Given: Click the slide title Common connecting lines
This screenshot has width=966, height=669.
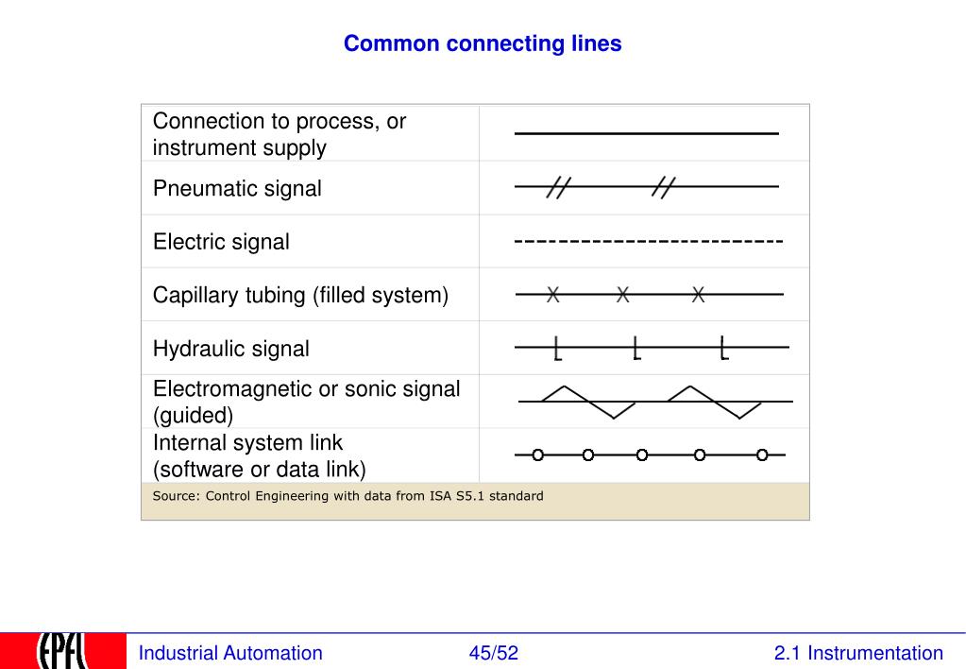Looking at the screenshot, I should (483, 43).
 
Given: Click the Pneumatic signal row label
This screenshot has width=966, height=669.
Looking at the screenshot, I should (237, 188).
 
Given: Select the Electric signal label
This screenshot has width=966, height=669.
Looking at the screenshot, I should (221, 242).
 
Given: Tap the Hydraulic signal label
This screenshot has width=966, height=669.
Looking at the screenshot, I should (230, 349).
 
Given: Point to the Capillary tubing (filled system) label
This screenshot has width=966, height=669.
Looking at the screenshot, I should (300, 296).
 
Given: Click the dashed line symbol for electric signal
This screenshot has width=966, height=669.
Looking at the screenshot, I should (648, 243).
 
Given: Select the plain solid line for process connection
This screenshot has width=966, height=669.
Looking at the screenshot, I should (646, 134).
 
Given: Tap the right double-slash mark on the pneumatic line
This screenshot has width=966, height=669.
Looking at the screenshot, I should (664, 188).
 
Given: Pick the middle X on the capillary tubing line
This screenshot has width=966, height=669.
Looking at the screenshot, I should (623, 295).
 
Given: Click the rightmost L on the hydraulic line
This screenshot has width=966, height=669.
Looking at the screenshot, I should (724, 349).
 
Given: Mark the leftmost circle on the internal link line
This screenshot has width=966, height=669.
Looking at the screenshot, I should (537, 455).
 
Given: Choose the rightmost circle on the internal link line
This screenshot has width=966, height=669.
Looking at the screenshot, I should (762, 455).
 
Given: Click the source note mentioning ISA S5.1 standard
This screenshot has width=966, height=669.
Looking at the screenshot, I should (348, 496).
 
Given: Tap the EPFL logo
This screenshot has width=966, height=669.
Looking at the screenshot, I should (62, 651).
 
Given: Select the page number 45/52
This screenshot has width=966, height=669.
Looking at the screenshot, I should (494, 653).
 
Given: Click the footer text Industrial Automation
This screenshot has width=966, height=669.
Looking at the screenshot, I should (230, 653).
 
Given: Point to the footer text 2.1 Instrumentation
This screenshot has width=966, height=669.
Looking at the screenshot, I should (857, 653).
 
